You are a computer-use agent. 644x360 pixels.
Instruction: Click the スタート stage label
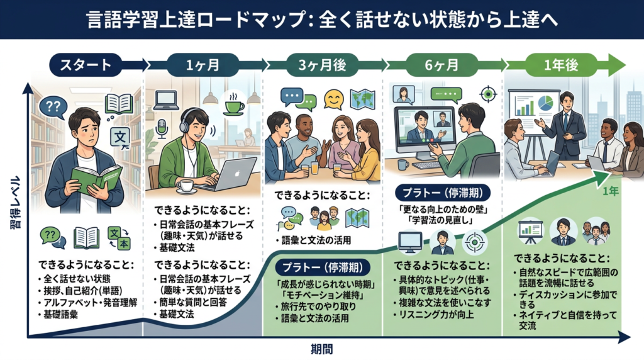[86, 64]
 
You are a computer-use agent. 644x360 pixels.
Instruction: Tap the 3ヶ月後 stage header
[318, 64]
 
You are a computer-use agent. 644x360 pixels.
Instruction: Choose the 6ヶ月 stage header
[440, 64]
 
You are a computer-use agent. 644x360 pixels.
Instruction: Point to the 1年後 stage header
[561, 64]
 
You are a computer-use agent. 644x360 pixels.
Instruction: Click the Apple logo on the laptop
[236, 172]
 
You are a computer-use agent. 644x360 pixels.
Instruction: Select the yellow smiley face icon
[333, 99]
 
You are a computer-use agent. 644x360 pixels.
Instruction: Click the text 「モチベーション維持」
[318, 293]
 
